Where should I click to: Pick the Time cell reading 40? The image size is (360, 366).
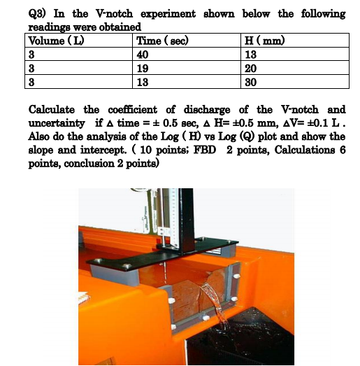point(143,55)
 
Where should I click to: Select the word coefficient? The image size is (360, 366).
point(133,110)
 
